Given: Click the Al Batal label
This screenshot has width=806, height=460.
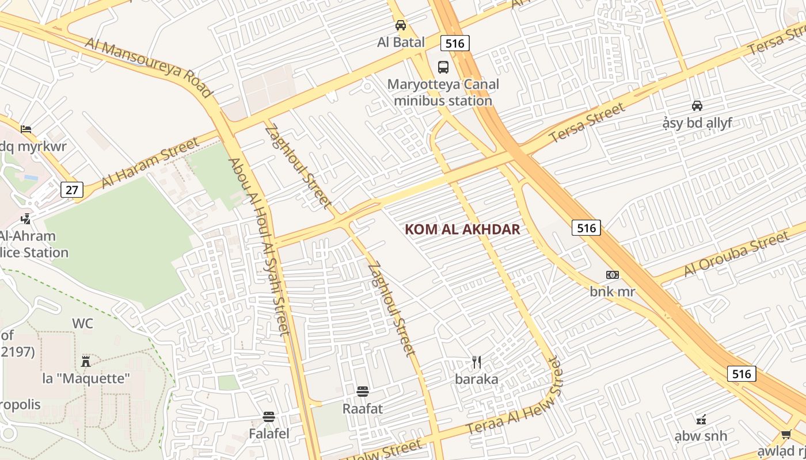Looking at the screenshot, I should click(x=401, y=42).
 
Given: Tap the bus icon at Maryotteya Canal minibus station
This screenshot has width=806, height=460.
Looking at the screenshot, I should click(x=443, y=67).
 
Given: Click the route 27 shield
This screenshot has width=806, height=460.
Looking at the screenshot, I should click(x=71, y=190).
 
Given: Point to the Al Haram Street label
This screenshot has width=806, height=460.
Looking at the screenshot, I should click(x=150, y=162).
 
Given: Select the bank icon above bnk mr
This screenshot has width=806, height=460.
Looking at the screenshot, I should click(x=613, y=275).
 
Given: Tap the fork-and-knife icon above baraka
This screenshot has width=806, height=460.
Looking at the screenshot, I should click(x=477, y=362).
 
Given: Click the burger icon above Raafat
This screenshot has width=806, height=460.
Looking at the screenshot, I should click(x=363, y=392).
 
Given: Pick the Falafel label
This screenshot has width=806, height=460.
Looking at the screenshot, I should click(x=269, y=433).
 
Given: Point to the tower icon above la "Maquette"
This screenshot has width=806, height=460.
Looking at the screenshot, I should click(x=86, y=361).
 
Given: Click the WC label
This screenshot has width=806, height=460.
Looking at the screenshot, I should click(x=82, y=323).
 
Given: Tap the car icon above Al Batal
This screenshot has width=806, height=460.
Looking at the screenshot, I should click(x=401, y=25).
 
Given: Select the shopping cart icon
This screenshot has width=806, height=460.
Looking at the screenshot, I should click(x=786, y=434).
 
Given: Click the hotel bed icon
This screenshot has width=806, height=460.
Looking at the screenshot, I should click(x=26, y=129).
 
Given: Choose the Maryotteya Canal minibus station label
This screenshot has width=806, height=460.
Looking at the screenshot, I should click(x=443, y=93).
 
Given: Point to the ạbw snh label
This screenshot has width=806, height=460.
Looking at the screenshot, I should click(x=701, y=436).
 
